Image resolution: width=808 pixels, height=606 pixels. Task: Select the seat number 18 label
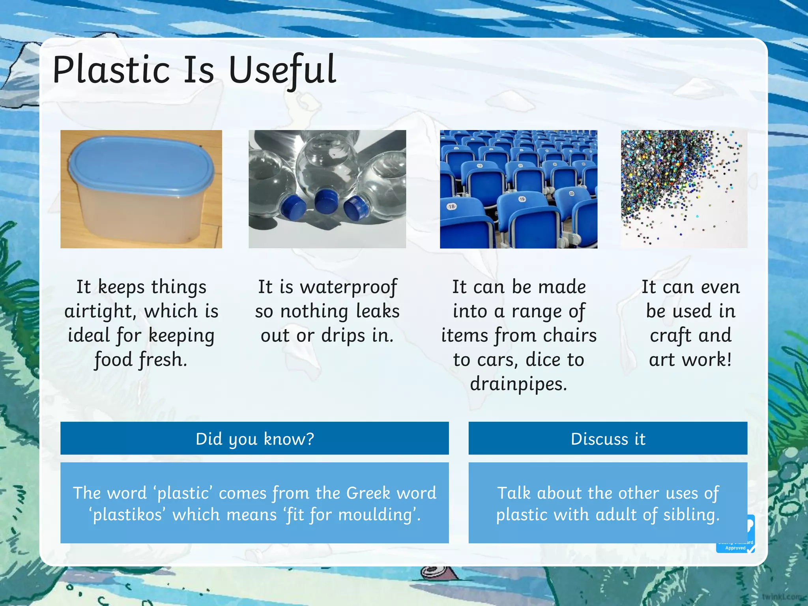[x=452, y=206]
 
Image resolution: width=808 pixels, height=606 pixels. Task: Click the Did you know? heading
[x=254, y=439]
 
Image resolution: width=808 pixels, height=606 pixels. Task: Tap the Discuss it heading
[x=608, y=439]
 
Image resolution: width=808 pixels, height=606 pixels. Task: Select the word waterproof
[x=348, y=287]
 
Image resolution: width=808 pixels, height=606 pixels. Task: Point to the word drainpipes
[x=518, y=384]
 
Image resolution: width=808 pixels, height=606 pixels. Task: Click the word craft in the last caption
[x=670, y=336]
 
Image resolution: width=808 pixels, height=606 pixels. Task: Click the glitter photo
[x=684, y=189]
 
